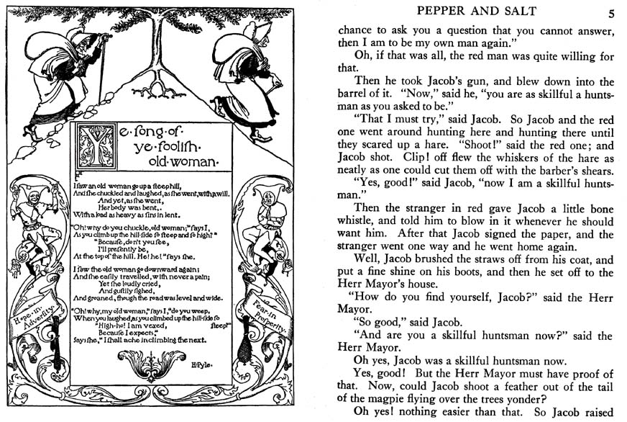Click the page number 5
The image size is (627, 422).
pyautogui.click(x=610, y=13)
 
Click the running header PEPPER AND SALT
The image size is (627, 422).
pyautogui.click(x=475, y=12)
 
